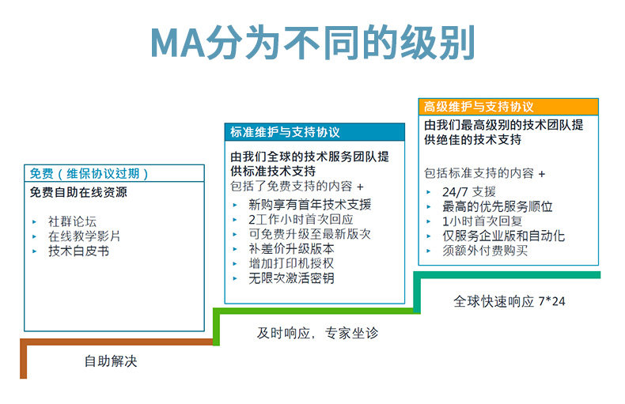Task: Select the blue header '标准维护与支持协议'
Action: [x=285, y=132]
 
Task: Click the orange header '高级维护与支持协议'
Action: [x=479, y=107]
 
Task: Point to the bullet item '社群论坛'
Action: [x=72, y=221]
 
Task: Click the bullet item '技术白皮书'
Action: [x=78, y=251]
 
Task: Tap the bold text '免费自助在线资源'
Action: [x=78, y=192]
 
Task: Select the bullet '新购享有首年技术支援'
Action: [x=309, y=204]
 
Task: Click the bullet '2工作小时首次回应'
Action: [x=301, y=219]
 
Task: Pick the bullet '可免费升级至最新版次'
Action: [x=309, y=234]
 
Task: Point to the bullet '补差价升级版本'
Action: [x=291, y=248]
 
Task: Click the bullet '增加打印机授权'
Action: [x=291, y=263]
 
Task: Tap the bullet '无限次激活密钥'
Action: [x=291, y=278]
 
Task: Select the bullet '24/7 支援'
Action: [x=469, y=191]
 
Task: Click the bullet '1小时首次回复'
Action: [x=482, y=221]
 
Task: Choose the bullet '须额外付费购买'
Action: [x=485, y=251]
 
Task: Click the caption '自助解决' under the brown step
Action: [x=111, y=361]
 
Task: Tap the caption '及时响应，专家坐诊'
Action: [x=317, y=333]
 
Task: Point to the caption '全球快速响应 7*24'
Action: [x=509, y=301]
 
